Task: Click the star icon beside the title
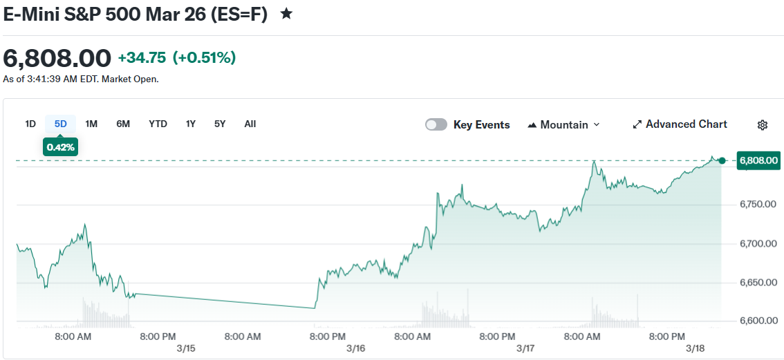pos(286,14)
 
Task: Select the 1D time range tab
pos(30,124)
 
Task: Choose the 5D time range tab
pos(61,124)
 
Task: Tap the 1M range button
pos(91,124)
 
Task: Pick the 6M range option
pos(123,124)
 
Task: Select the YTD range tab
pos(158,124)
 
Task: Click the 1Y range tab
pos(191,124)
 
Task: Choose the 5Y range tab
pos(220,124)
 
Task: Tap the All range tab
pos(250,124)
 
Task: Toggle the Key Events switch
pos(436,124)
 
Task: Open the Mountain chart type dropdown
pos(563,124)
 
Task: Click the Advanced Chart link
pos(680,124)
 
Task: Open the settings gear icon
pos(763,125)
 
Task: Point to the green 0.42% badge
pos(61,146)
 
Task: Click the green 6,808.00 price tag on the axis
pos(758,161)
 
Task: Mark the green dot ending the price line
pos(722,161)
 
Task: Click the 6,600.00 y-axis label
pos(758,321)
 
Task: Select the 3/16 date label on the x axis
pos(355,348)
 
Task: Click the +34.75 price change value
pos(142,58)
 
